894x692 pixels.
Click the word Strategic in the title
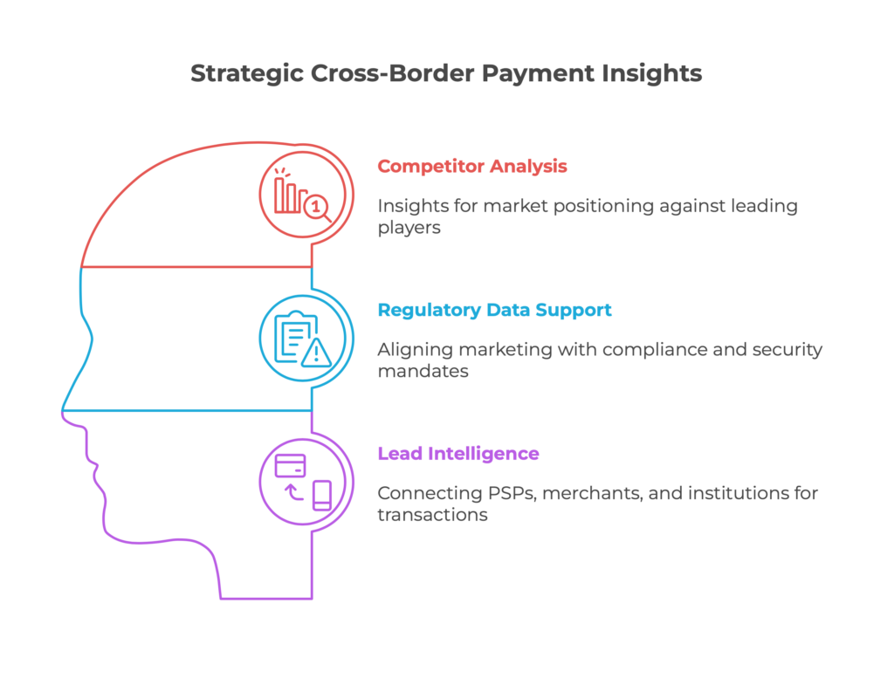pyautogui.click(x=246, y=74)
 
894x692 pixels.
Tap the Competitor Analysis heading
pyautogui.click(x=472, y=167)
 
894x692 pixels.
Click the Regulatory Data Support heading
pyautogui.click(x=494, y=310)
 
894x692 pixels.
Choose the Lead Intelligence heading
pyautogui.click(x=458, y=454)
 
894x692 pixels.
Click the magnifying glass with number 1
pyautogui.click(x=318, y=208)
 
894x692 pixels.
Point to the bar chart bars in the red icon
pyautogui.click(x=287, y=195)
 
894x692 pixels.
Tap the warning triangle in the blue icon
pyautogui.click(x=316, y=353)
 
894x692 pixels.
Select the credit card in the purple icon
pyautogui.click(x=290, y=465)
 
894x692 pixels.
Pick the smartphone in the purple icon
pyautogui.click(x=322, y=496)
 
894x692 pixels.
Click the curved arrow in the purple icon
pyautogui.click(x=293, y=492)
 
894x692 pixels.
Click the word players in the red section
pyautogui.click(x=409, y=228)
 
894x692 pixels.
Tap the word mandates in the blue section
pyautogui.click(x=423, y=371)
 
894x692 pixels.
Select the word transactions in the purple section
pyautogui.click(x=432, y=515)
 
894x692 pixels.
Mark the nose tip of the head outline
pyautogui.click(x=62, y=410)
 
